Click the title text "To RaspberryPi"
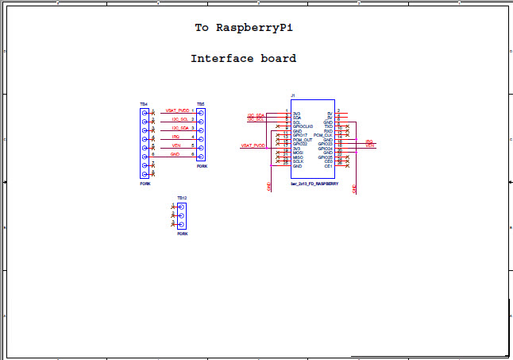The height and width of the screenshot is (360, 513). click(243, 27)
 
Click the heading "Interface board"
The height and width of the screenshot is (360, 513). click(243, 58)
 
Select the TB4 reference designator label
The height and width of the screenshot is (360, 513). click(144, 104)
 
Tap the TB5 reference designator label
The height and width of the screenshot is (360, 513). click(201, 104)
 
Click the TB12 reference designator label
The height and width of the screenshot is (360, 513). click(182, 198)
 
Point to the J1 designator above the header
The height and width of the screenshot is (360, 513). click(293, 95)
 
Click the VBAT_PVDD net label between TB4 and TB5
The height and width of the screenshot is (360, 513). click(177, 110)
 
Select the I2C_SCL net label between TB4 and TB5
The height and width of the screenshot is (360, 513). click(179, 119)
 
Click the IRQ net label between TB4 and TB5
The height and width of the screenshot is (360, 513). click(175, 137)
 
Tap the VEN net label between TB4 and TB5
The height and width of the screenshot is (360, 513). click(175, 145)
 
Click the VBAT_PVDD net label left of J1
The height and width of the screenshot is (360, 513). click(253, 145)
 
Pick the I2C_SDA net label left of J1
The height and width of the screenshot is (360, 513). click(255, 114)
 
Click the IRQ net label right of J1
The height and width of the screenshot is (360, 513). click(369, 141)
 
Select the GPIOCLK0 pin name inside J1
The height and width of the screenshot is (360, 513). click(303, 126)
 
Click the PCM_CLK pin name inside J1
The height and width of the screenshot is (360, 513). click(322, 135)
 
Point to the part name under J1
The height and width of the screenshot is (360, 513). click(315, 184)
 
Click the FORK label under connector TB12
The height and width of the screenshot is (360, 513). click(182, 234)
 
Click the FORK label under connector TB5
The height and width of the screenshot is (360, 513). click(202, 166)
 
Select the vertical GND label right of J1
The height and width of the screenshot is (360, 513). click(354, 189)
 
